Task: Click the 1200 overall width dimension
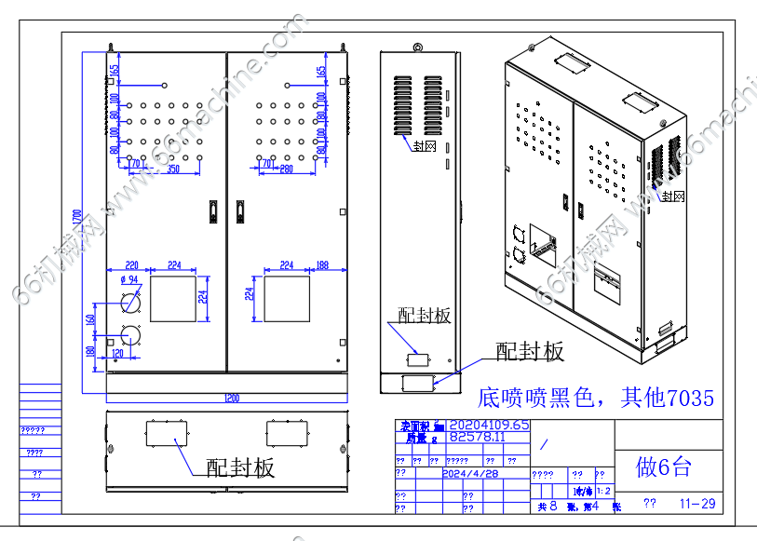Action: point(231,399)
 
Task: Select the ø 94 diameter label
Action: point(128,279)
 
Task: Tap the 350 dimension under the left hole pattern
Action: point(173,169)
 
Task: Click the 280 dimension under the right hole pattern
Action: point(286,169)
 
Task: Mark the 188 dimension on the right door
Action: point(322,265)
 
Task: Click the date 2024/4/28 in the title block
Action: point(471,473)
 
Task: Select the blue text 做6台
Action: point(663,466)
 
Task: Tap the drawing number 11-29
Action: point(697,504)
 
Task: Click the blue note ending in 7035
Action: point(595,399)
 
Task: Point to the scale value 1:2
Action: point(602,491)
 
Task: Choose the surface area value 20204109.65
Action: point(489,425)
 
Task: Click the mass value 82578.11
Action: point(477,436)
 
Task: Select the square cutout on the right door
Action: point(287,298)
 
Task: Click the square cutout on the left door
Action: point(174,298)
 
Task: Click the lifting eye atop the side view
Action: point(419,47)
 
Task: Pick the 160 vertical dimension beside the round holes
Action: point(91,319)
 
